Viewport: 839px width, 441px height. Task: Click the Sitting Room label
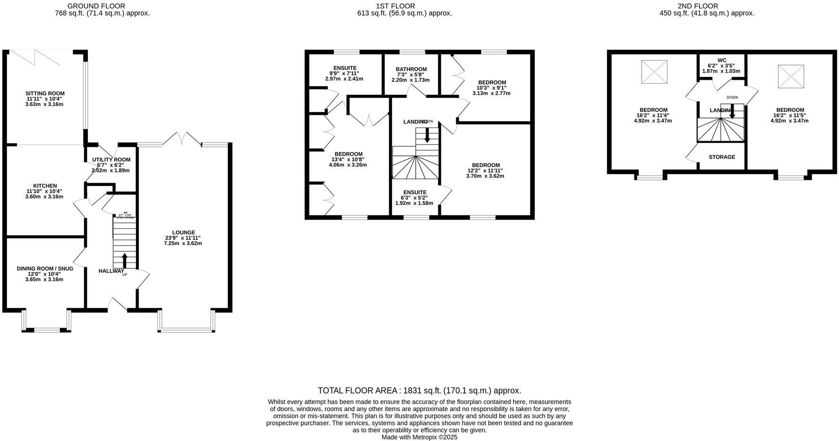coord(45,93)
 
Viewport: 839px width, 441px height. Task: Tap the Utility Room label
coord(111,160)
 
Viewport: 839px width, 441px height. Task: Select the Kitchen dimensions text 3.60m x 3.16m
coord(44,196)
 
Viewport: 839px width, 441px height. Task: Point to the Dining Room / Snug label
coord(45,269)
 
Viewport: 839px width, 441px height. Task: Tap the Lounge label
coord(183,232)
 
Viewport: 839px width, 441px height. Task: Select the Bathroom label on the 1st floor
coord(411,69)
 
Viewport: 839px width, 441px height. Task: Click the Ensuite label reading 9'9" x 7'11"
coord(344,68)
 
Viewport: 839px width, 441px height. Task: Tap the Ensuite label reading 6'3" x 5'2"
coord(414,193)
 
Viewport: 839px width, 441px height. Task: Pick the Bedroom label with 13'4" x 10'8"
coord(348,154)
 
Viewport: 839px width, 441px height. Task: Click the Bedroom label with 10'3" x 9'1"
coord(492,83)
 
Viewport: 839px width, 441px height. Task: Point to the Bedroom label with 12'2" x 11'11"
coord(485,165)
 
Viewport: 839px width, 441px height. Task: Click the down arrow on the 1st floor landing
coord(427,135)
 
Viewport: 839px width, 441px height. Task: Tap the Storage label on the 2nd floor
coord(721,157)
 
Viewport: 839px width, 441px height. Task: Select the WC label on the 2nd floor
coord(721,60)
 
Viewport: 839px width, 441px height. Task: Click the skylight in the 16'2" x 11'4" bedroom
coord(654,72)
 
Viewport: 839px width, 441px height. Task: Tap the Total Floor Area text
coord(419,390)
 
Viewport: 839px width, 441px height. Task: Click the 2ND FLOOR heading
coord(704,6)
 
